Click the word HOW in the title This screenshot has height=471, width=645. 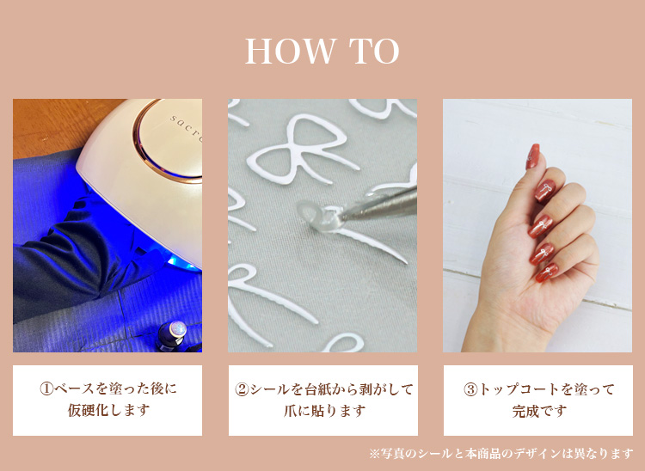pos(290,52)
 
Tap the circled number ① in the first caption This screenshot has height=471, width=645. pos(46,388)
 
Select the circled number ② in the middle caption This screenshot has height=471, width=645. pos(242,388)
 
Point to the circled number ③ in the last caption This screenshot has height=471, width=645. pos(470,388)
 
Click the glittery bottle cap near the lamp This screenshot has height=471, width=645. pos(178,328)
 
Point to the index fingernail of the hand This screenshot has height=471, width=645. pos(545,191)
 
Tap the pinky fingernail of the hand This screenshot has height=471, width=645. pos(547,273)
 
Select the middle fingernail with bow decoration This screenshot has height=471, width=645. pos(540,226)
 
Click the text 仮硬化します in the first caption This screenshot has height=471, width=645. pos(108,410)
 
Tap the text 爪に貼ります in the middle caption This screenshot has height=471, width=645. pos(324,411)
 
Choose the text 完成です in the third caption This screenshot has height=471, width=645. pos(539,411)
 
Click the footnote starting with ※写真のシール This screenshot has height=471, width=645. pos(501,454)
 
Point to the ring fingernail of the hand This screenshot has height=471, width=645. pos(541,254)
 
